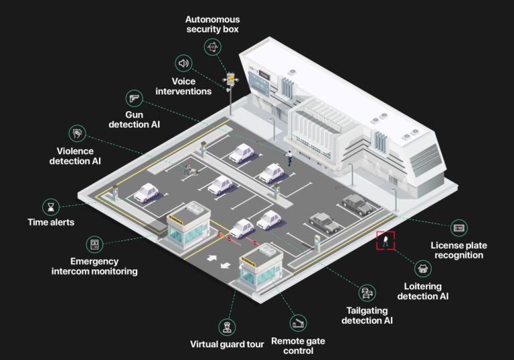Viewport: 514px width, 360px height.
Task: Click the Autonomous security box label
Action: click(212, 25)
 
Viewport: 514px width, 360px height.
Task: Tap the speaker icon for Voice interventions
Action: click(183, 64)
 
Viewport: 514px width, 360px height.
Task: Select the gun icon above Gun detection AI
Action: click(134, 98)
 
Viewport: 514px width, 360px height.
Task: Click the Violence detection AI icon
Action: click(78, 133)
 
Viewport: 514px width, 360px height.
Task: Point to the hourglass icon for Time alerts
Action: click(50, 205)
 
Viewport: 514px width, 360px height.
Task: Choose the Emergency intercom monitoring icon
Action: click(94, 244)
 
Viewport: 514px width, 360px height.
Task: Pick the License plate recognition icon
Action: click(458, 228)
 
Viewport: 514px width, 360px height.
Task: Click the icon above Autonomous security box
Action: click(213, 46)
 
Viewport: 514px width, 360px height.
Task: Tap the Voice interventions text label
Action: click(183, 86)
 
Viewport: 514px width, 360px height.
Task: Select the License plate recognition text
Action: click(458, 250)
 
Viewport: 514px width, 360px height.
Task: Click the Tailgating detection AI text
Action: click(367, 315)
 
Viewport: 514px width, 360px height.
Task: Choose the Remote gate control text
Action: click(298, 345)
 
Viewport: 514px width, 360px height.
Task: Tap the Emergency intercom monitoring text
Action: click(94, 266)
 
